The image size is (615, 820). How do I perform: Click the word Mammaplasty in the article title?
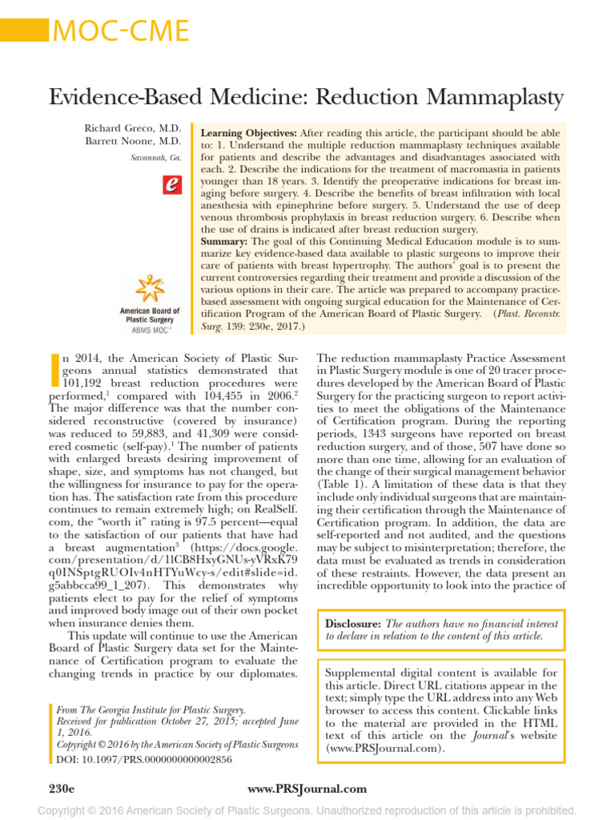point(489,98)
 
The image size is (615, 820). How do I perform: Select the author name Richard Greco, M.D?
point(132,129)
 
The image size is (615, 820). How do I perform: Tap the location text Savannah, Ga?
point(156,158)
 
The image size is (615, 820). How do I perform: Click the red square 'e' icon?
point(170,185)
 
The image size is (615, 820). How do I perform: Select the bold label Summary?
point(224,241)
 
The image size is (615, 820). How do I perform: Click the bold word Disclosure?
point(354,623)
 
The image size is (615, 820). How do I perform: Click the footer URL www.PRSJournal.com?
point(307,789)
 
